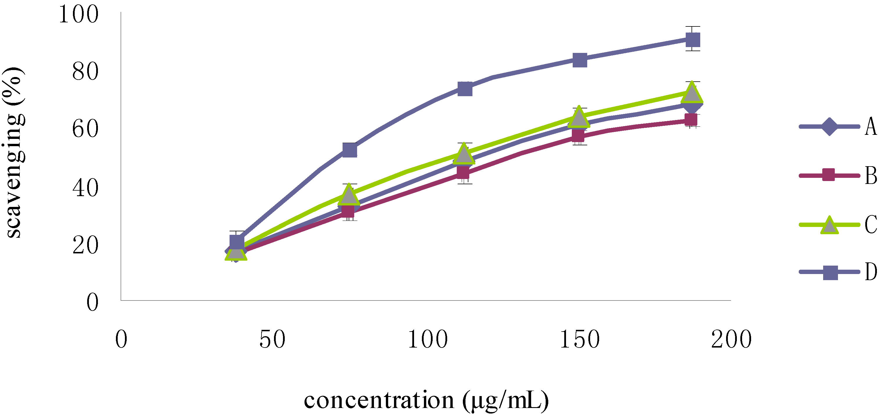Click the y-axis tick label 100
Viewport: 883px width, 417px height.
[x=78, y=15]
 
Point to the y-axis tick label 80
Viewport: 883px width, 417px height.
[x=85, y=72]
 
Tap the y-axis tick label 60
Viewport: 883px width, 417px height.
[x=85, y=130]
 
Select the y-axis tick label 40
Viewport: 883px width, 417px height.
[x=85, y=188]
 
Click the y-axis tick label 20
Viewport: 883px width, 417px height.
[x=85, y=245]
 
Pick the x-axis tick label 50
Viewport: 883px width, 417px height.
[x=272, y=339]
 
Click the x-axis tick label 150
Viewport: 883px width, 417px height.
[x=580, y=339]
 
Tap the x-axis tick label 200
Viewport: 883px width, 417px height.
[x=731, y=339]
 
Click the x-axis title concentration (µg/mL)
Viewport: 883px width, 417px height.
[x=426, y=400]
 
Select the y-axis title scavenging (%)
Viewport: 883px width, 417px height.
[x=14, y=153]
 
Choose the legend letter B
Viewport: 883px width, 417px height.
[x=871, y=176]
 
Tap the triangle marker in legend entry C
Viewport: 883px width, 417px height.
[x=829, y=225]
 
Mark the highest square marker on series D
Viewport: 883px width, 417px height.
[x=692, y=40]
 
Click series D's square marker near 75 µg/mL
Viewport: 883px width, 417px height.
[x=350, y=150]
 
